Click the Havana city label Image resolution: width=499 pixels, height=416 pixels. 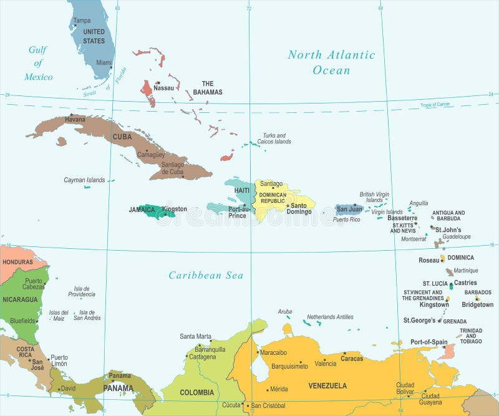tap(75, 119)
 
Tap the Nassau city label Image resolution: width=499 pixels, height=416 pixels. tap(163, 88)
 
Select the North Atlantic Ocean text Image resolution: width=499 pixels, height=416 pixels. tap(331, 62)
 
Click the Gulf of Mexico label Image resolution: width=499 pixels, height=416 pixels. tap(39, 63)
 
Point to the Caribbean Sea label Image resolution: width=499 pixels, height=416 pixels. tap(206, 275)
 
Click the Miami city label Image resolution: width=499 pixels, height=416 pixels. tap(104, 62)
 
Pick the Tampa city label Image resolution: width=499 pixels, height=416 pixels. tap(82, 21)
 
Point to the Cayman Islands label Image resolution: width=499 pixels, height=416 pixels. tap(84, 180)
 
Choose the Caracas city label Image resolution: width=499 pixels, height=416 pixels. tap(352, 359)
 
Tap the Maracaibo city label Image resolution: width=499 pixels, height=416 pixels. tap(273, 352)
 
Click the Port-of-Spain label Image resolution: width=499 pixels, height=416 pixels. tap(429, 342)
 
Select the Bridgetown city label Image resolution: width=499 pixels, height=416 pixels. tap(477, 304)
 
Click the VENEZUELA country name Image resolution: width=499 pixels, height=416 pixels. tap(327, 385)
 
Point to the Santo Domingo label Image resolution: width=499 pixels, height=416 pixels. tap(299, 209)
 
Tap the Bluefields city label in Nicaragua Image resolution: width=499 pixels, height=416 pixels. tap(22, 321)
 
